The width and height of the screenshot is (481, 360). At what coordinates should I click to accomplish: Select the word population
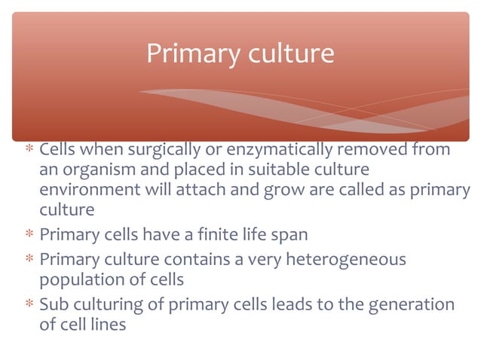point(78,279)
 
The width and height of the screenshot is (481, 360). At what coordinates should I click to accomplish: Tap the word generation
point(413,304)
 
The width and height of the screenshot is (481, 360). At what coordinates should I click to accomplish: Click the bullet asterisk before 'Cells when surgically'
point(29,151)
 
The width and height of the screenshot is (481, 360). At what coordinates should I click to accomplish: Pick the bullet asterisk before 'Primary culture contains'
point(29,261)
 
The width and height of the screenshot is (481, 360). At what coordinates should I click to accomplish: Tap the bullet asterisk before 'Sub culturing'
point(29,305)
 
